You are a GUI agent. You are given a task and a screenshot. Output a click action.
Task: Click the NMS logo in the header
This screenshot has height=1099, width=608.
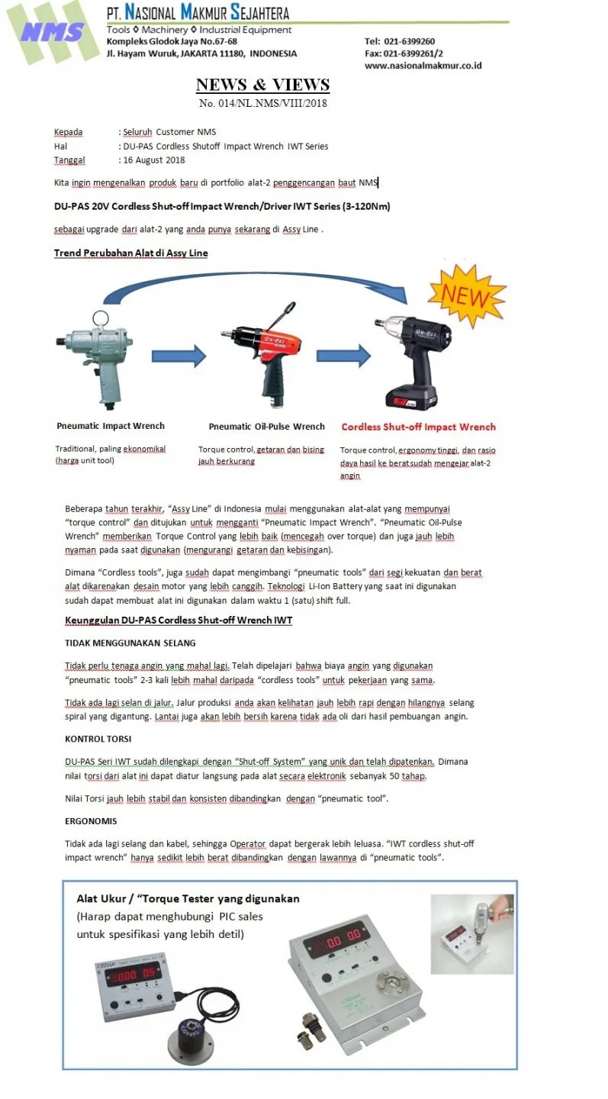pyautogui.click(x=52, y=32)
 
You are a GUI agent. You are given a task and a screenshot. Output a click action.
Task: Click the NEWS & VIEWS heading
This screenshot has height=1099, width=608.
pyautogui.click(x=262, y=85)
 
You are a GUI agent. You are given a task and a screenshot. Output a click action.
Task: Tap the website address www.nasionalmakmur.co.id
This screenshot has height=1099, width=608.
pyautogui.click(x=423, y=66)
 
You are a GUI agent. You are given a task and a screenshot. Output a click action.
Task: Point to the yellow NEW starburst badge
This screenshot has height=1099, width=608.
pyautogui.click(x=467, y=295)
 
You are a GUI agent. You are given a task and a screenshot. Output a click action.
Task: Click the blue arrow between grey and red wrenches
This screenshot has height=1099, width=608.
pyautogui.click(x=179, y=356)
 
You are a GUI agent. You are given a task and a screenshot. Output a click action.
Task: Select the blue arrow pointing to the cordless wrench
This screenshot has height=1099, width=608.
pyautogui.click(x=343, y=356)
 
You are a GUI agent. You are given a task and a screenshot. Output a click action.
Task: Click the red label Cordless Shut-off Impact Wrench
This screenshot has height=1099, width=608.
pyautogui.click(x=418, y=427)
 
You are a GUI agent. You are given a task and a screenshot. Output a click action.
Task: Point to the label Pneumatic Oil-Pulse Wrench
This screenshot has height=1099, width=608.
pyautogui.click(x=266, y=427)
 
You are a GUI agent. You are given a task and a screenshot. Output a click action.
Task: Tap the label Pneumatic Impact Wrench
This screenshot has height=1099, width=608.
pyautogui.click(x=111, y=426)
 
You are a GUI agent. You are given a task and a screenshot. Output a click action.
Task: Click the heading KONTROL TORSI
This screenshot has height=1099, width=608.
pyautogui.click(x=98, y=740)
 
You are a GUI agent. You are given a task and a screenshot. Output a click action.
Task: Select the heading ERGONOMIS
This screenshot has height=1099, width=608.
pyautogui.click(x=91, y=821)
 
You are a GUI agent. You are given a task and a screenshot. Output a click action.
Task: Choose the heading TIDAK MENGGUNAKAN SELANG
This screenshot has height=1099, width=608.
pyautogui.click(x=130, y=643)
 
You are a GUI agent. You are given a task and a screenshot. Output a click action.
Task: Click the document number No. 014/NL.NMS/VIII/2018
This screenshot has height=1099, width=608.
pyautogui.click(x=262, y=103)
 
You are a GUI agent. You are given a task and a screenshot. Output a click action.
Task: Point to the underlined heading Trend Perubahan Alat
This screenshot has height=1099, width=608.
pyautogui.click(x=130, y=253)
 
